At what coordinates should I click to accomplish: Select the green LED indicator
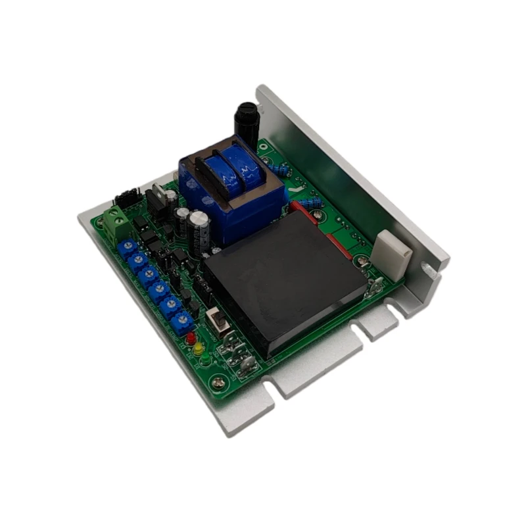(204, 360)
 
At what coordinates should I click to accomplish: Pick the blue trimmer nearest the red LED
(185, 320)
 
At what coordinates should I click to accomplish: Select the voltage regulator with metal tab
(158, 197)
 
